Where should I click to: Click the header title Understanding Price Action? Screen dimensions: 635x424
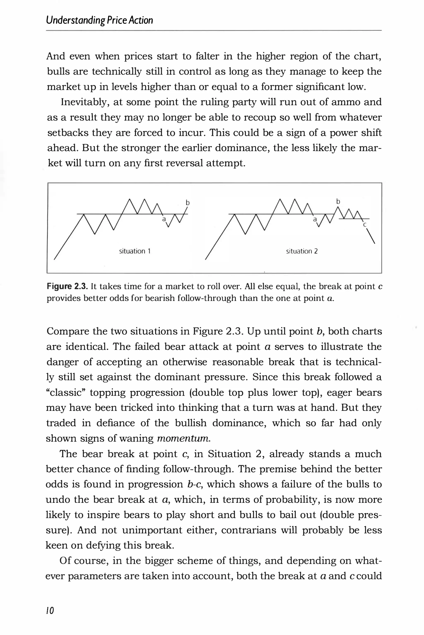(100, 20)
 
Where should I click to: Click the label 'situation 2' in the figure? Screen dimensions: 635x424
(302, 251)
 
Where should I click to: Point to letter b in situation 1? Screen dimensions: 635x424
(188, 202)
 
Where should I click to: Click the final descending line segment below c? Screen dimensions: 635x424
(370, 236)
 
